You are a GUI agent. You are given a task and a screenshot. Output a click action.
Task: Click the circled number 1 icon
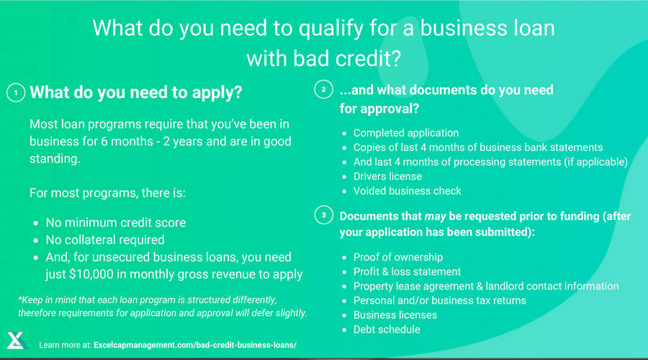[16, 93]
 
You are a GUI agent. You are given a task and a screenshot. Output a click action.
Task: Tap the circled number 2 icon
[323, 89]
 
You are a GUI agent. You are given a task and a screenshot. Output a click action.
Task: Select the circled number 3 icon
[323, 215]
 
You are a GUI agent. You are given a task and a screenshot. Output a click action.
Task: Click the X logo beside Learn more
[17, 341]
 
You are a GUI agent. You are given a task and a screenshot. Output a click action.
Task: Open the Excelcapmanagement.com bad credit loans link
[195, 345]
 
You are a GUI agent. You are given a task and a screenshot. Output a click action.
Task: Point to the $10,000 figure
[91, 274]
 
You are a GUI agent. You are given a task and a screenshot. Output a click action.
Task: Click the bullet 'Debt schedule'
[387, 330]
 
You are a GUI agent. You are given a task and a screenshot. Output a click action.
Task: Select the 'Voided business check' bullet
[407, 191]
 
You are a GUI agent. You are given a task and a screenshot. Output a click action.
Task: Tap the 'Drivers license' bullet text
[387, 176]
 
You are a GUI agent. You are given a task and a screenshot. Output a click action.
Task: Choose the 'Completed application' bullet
[406, 133]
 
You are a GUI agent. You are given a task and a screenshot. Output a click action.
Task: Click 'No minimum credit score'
[116, 222]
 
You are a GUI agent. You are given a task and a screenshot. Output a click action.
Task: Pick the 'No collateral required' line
[105, 240]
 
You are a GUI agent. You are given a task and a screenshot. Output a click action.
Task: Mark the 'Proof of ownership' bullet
[398, 257]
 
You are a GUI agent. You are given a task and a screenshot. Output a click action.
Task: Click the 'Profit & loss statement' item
[407, 271]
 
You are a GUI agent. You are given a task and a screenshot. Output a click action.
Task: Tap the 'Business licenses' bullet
[395, 315]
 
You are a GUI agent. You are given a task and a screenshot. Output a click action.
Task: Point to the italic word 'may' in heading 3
[435, 217]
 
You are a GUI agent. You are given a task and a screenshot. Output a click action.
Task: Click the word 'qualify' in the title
[331, 29]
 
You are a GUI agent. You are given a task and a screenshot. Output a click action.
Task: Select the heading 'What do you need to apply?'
[136, 93]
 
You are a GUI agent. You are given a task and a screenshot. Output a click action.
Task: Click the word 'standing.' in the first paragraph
[55, 158]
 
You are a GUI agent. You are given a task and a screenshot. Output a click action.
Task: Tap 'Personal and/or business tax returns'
[440, 300]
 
